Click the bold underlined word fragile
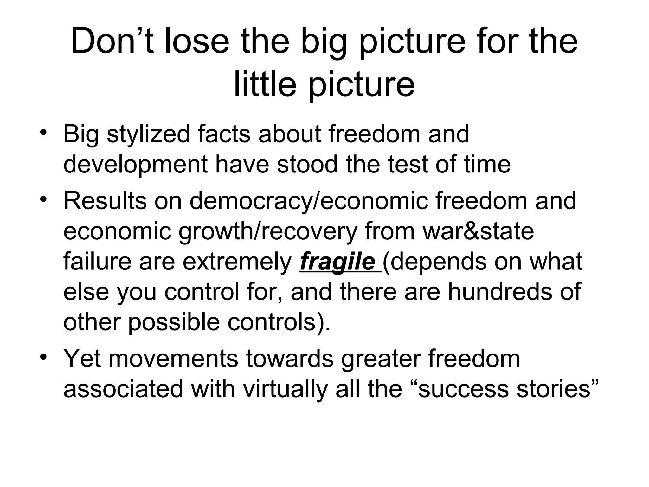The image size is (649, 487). tap(337, 262)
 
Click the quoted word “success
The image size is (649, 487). tap(460, 389)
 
